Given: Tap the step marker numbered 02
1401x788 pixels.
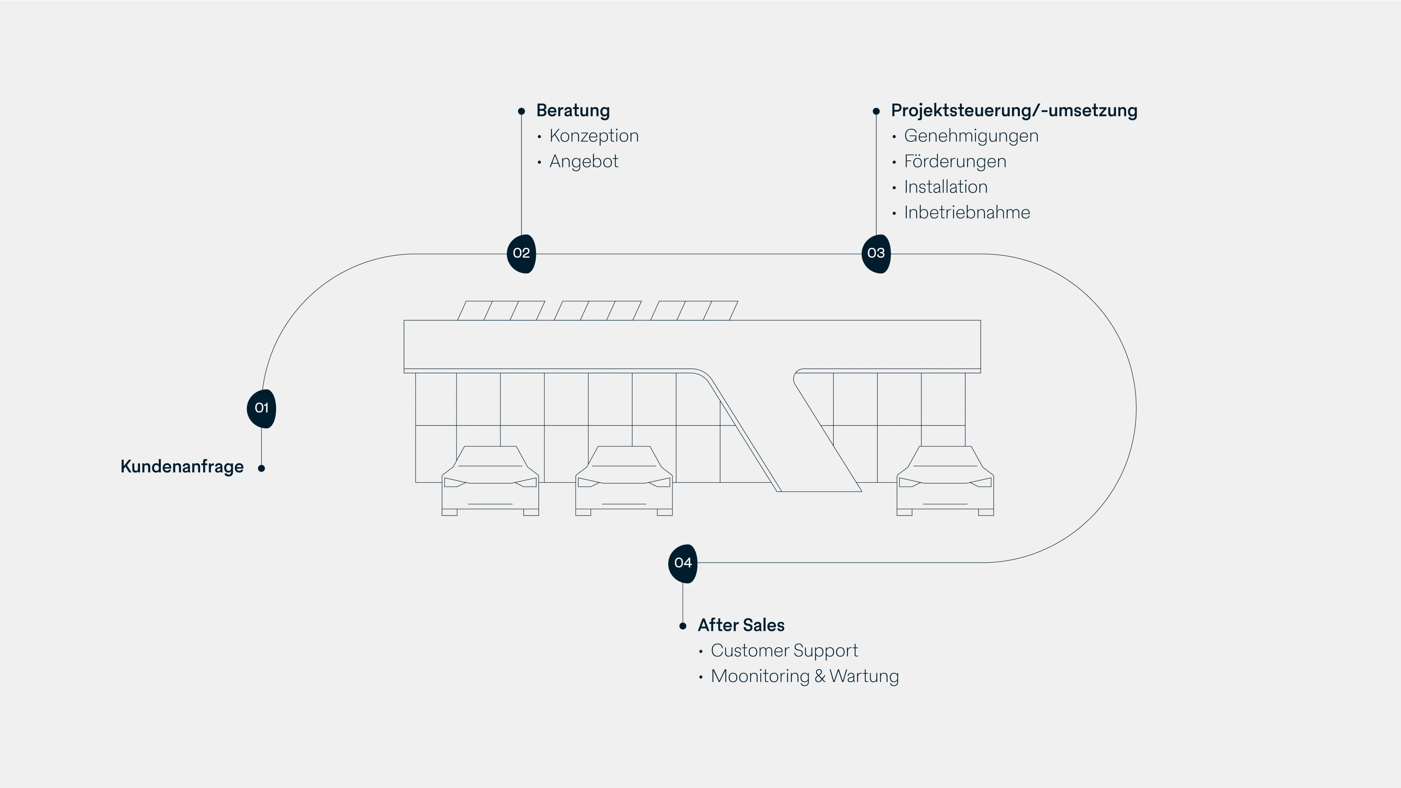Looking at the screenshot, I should [x=521, y=254].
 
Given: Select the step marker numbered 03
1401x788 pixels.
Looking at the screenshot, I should [x=876, y=254].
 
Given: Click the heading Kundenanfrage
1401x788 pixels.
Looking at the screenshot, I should [x=182, y=466].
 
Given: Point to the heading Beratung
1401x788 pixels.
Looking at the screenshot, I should [x=573, y=110].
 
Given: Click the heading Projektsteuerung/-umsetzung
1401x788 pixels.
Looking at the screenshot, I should [x=1014, y=110].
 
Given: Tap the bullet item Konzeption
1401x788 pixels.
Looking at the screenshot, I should [x=594, y=136].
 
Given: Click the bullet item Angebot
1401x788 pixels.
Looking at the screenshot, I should [x=584, y=161].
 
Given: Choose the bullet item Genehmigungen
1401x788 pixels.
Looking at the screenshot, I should [x=971, y=136].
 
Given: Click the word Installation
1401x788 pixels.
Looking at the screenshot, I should [x=945, y=187].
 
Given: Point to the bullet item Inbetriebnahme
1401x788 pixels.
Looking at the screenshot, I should [x=966, y=213].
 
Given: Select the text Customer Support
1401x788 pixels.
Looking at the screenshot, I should [x=784, y=650].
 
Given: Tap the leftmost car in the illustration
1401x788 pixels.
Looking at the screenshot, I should [x=490, y=481].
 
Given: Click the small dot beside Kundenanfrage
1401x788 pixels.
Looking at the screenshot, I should [x=262, y=468].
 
